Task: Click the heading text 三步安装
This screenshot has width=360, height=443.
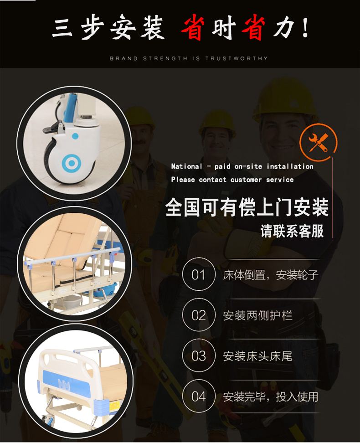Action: click(x=108, y=29)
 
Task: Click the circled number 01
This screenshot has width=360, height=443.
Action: click(x=198, y=275)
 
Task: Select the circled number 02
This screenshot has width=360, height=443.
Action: click(x=198, y=315)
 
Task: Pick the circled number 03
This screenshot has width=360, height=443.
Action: click(x=198, y=356)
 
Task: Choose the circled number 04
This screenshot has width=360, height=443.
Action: click(x=198, y=397)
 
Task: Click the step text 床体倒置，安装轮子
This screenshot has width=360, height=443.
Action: click(x=270, y=275)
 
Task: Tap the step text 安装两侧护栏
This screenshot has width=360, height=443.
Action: click(x=257, y=315)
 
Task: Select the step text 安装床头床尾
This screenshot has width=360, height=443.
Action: click(x=257, y=356)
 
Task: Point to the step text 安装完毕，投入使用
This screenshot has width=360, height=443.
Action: click(x=270, y=397)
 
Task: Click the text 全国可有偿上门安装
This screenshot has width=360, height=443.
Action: click(x=247, y=208)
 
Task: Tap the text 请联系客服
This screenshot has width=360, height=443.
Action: click(x=292, y=231)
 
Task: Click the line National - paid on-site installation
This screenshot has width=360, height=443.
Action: click(x=242, y=166)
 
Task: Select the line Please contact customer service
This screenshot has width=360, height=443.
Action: click(x=232, y=180)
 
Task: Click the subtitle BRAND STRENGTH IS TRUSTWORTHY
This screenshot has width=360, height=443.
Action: click(x=189, y=58)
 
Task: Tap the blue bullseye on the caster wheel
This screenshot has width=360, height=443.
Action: click(x=70, y=163)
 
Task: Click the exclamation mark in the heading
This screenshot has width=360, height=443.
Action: click(x=305, y=29)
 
